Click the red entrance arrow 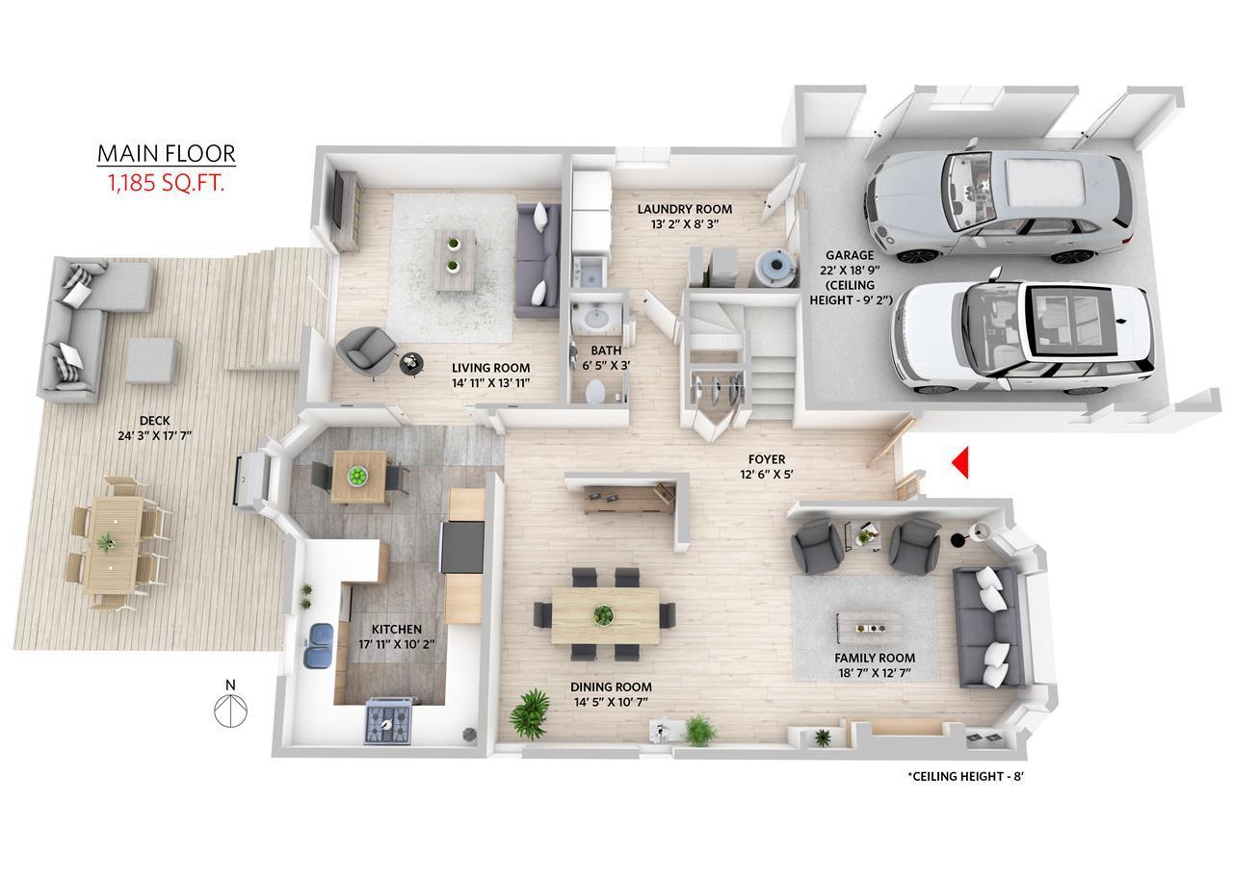point(961,463)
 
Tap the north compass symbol point(230,706)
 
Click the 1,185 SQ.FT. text point(167,183)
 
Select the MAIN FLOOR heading point(167,153)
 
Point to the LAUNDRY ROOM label point(685,209)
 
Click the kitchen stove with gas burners point(388,720)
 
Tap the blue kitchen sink point(318,645)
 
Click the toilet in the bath point(595,391)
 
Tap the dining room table point(606,615)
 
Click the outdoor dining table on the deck point(114,544)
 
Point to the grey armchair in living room point(366,350)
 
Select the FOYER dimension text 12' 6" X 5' point(767,474)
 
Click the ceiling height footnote point(965,776)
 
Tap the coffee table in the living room point(455,260)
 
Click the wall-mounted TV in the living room point(337,199)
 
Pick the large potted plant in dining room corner point(530,713)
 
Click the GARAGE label point(850,255)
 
